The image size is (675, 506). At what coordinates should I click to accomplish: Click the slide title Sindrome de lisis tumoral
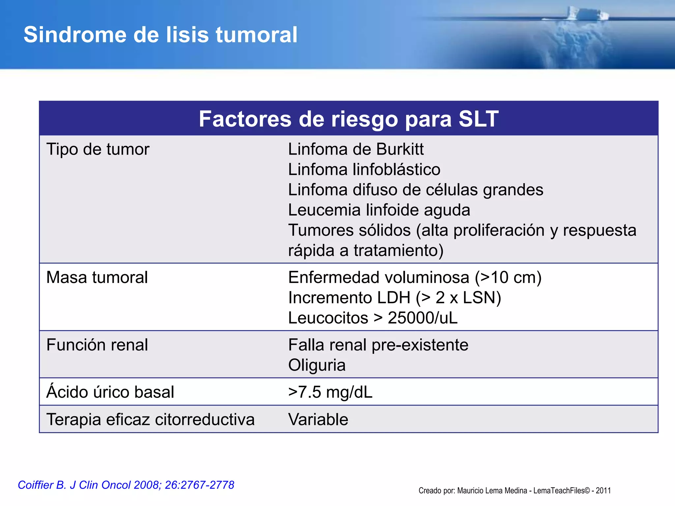(x=161, y=35)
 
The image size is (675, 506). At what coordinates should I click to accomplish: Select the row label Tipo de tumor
(x=98, y=149)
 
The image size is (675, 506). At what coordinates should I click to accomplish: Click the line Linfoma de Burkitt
(x=356, y=149)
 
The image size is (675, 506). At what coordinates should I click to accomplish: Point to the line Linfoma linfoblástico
(x=364, y=169)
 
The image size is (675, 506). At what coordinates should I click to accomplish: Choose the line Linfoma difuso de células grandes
(x=415, y=190)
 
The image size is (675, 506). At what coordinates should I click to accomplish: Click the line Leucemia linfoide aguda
(x=379, y=210)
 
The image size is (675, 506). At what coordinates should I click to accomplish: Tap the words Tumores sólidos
(x=349, y=230)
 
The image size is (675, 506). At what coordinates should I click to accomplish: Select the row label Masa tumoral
(x=97, y=277)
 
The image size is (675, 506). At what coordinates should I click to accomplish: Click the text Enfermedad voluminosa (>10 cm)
(x=415, y=277)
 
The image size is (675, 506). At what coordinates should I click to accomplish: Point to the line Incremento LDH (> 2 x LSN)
(x=395, y=298)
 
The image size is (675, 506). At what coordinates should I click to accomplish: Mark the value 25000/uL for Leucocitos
(x=423, y=318)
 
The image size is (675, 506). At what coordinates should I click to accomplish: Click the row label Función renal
(x=97, y=345)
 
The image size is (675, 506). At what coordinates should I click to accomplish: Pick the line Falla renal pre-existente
(x=378, y=345)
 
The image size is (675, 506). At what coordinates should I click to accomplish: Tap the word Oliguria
(x=317, y=365)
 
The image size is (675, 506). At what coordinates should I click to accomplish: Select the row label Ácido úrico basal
(x=110, y=392)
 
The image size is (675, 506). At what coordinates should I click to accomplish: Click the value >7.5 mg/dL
(x=330, y=392)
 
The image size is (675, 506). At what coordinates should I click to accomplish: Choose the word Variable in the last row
(x=318, y=419)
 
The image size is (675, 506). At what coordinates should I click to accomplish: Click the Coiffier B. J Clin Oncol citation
(x=126, y=485)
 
